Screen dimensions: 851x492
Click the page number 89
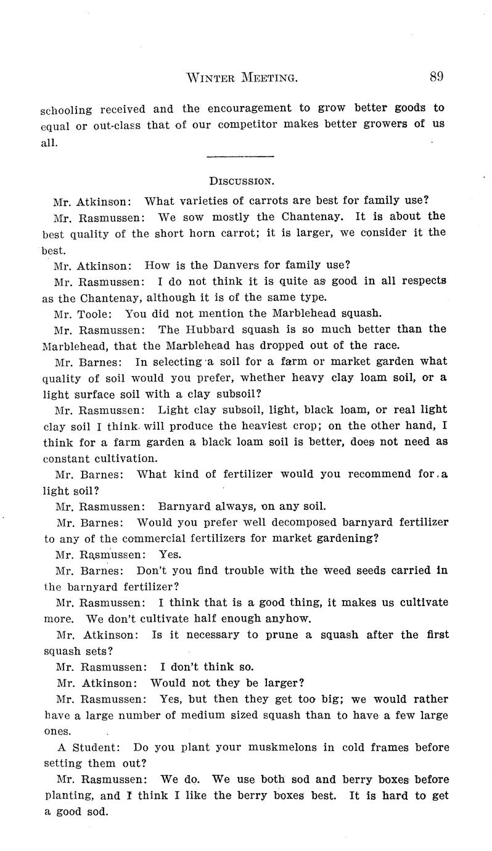437,76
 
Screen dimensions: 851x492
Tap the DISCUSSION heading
242,181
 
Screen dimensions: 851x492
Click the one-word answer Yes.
170,554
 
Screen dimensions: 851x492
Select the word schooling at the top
66,110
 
